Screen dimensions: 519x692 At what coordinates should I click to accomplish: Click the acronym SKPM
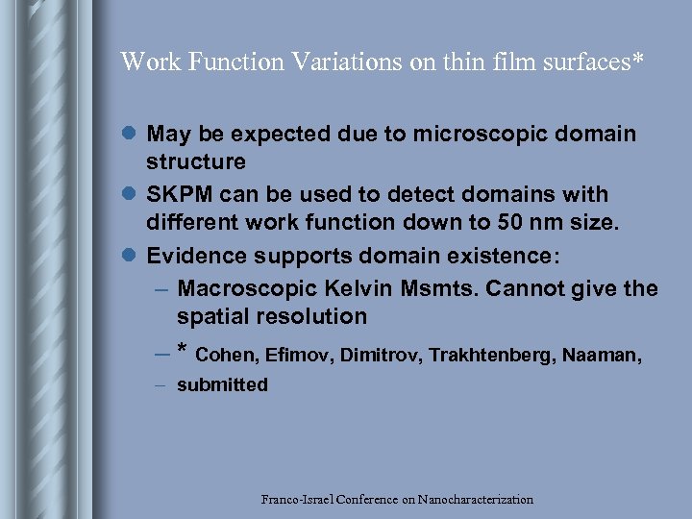point(179,194)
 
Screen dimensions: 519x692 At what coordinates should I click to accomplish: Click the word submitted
point(222,385)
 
